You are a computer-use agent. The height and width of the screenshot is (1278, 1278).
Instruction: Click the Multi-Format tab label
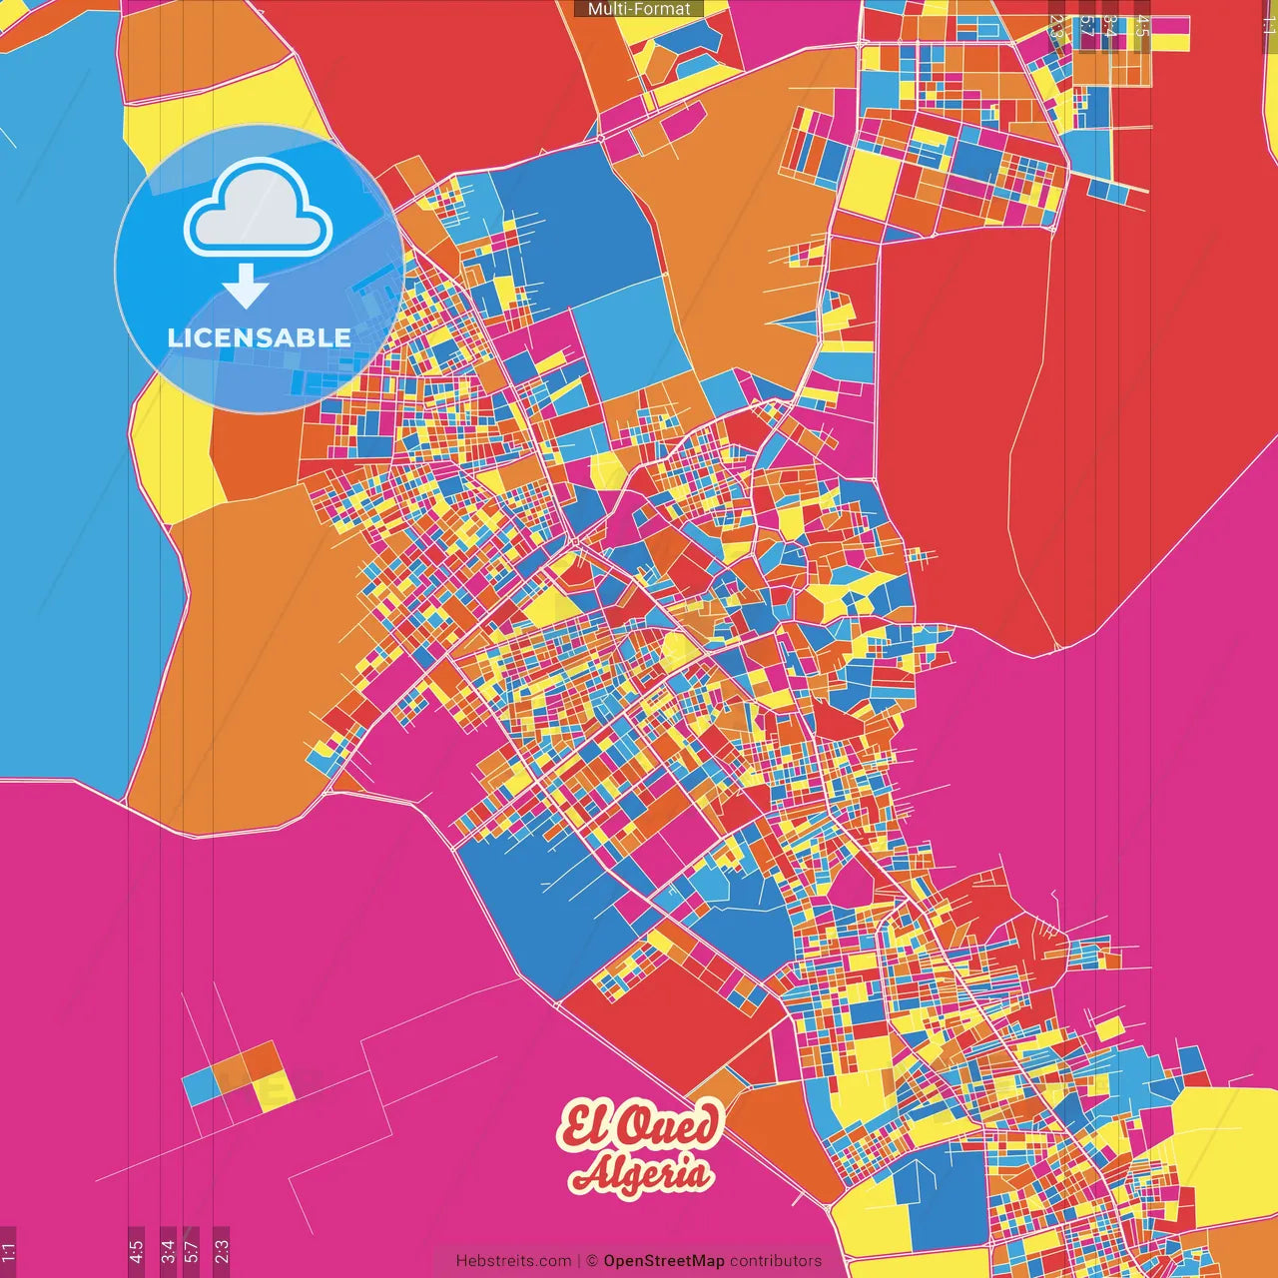coord(639,9)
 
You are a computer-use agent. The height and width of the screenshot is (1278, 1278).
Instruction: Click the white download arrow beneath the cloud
coord(245,288)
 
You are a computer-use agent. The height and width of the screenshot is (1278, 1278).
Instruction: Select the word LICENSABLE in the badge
coord(259,337)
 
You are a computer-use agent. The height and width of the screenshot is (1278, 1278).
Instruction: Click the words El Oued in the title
coord(639,1126)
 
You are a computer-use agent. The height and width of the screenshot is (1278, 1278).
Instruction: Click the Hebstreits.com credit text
coord(513,1261)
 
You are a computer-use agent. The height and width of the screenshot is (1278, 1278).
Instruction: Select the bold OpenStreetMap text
coord(664,1261)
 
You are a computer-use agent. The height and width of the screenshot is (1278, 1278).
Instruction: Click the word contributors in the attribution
coord(776,1261)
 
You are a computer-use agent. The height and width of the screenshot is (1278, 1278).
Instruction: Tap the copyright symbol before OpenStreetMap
coord(591,1261)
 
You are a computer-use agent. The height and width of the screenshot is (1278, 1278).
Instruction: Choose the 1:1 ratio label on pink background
coord(8,1251)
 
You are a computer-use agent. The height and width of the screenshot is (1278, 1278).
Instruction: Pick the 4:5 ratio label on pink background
coord(136,1251)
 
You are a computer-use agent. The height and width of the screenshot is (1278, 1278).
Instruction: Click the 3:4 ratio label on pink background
coord(168,1251)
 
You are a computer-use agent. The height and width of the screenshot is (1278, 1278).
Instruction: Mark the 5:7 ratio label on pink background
coord(192,1251)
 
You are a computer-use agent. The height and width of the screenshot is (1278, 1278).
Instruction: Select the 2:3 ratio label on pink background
coord(222,1251)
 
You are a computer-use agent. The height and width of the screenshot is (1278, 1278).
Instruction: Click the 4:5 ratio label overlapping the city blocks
coord(1142,26)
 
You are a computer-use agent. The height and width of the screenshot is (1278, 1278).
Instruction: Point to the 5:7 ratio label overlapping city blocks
coord(1086,26)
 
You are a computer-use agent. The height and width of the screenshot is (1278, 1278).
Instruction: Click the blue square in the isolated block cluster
coord(200,1087)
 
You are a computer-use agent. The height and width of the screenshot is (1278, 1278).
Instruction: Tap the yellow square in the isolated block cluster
coord(274,1090)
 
